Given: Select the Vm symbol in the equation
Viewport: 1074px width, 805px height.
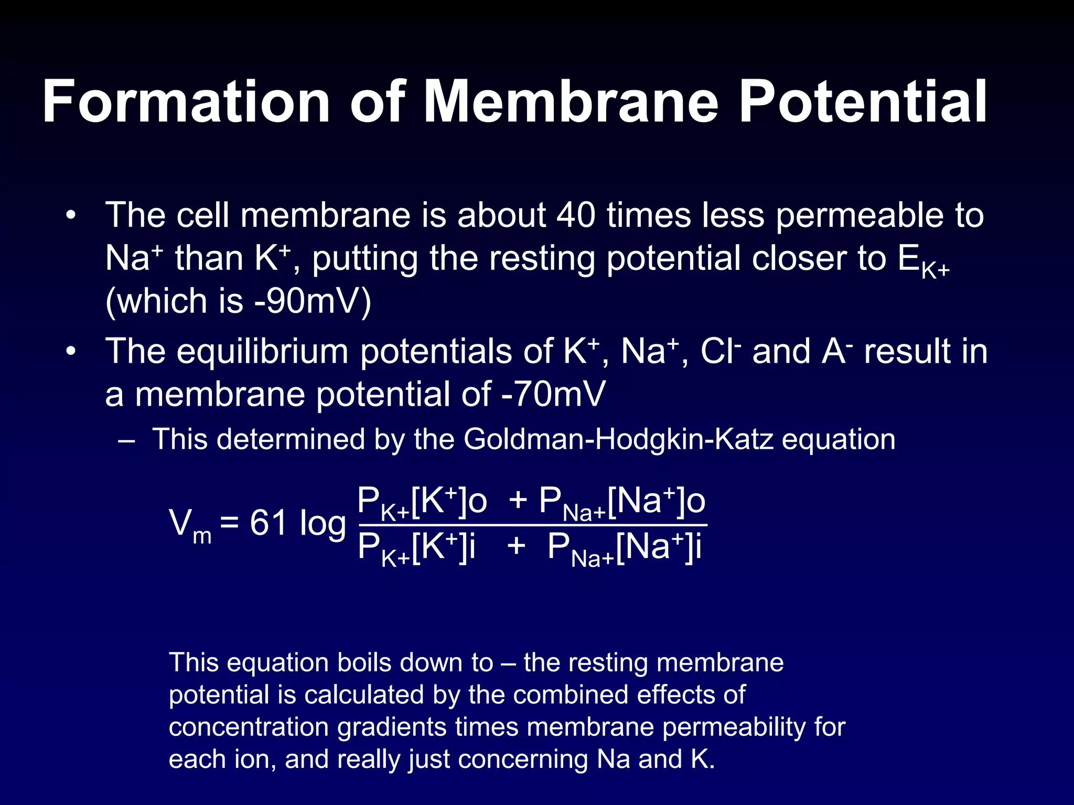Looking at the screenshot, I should click(189, 525).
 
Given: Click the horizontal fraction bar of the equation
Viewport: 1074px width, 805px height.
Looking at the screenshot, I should click(532, 525).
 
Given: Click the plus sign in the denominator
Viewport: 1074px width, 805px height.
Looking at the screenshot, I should click(516, 546).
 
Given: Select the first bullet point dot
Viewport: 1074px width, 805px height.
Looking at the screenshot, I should click(71, 215).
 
